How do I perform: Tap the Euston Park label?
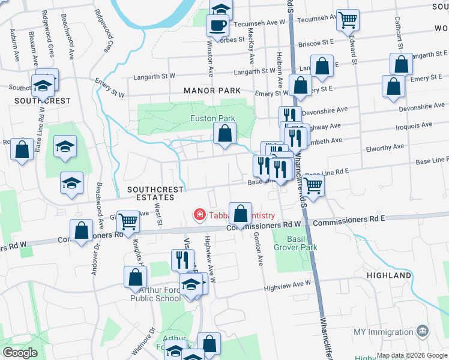coord(213,119)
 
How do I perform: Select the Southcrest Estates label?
coord(155,193)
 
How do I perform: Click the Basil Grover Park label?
coord(295,243)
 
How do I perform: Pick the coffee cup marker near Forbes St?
coord(217,25)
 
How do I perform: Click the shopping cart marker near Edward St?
coord(348,20)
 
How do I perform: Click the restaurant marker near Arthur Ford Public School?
coord(182,259)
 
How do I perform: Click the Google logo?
coord(20,353)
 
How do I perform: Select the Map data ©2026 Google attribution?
coord(411,355)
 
